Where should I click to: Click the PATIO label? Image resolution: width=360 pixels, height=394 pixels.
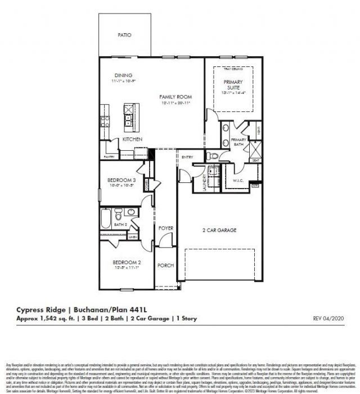(124, 35)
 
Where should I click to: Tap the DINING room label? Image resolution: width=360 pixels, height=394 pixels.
(123, 75)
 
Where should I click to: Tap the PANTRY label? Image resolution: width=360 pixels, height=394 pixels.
(109, 157)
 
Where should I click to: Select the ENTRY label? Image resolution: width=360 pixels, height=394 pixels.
(187, 157)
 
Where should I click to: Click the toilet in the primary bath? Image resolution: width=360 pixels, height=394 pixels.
(209, 156)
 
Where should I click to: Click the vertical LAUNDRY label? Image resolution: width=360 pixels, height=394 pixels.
(205, 182)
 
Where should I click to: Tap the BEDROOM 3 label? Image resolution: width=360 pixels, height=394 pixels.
(122, 181)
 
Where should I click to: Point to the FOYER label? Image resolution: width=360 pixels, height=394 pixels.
(165, 228)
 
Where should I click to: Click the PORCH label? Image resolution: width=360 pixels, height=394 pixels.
(165, 265)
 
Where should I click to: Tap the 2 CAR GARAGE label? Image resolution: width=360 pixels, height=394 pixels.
(219, 230)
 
